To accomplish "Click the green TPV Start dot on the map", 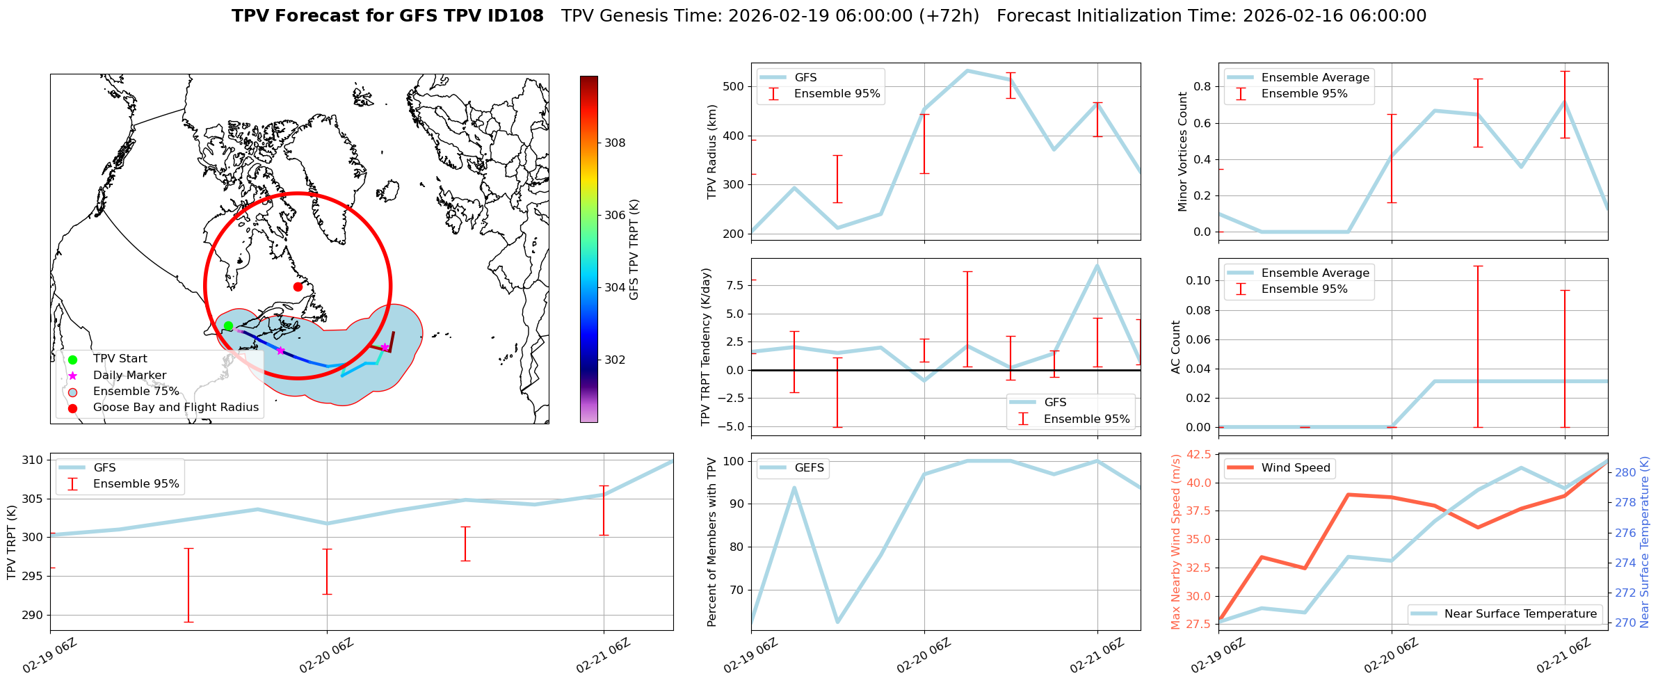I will pos(228,326).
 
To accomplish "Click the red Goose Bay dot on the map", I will pos(298,287).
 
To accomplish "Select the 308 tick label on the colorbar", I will pos(615,143).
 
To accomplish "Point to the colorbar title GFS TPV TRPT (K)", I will pos(634,250).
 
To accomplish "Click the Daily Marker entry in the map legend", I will pos(129,376).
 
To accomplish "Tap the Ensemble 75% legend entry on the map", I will pos(136,392).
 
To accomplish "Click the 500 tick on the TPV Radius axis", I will pos(734,87).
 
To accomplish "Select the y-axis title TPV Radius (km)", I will pos(711,152).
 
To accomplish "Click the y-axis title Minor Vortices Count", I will pos(1183,152).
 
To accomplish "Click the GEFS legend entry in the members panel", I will pos(809,468).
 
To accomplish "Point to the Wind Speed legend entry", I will pos(1295,468).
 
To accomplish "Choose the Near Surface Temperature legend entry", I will pos(1520,614).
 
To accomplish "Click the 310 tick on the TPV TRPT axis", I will pos(33,460).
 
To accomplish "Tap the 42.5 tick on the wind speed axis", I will pos(1198,455).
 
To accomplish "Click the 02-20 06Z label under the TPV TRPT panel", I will pos(326,656).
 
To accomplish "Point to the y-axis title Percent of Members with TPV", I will pos(711,542).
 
